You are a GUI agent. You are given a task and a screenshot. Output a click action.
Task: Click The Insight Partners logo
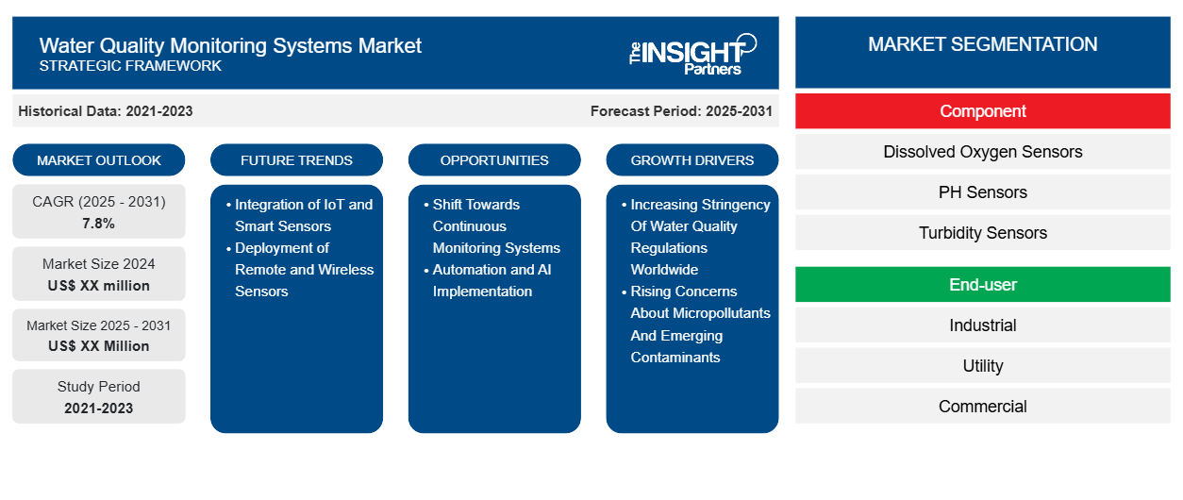(x=692, y=55)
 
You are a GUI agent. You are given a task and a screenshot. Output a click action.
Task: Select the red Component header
(x=982, y=111)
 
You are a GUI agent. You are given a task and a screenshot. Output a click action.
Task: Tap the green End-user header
(x=982, y=285)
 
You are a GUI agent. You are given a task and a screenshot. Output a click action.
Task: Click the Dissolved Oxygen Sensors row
(x=982, y=152)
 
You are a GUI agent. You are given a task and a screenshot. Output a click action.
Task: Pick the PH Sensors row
(x=982, y=192)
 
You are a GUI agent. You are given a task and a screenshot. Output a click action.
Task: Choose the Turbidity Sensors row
(x=982, y=232)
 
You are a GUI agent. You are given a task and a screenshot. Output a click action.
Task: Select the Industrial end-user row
(x=982, y=325)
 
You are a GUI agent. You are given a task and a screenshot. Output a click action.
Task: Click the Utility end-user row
(x=982, y=365)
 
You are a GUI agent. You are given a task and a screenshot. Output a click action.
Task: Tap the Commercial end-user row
(x=982, y=406)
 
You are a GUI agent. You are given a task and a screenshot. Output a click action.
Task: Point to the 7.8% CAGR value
(x=98, y=224)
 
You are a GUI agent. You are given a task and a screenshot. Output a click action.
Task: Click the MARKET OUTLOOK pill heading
(x=99, y=160)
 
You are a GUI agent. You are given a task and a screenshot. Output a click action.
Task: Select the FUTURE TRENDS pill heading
(x=296, y=160)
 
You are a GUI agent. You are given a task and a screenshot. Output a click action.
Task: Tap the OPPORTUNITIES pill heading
(x=494, y=160)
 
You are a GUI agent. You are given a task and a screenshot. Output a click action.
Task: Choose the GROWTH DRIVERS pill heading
(x=691, y=160)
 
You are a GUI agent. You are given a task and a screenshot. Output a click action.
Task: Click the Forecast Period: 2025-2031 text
(x=681, y=111)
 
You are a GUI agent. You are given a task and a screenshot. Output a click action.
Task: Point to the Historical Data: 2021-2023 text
(x=106, y=111)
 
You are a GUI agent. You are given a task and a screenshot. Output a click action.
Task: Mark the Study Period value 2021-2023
(x=99, y=408)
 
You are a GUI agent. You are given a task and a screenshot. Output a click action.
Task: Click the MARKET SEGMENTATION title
(x=982, y=44)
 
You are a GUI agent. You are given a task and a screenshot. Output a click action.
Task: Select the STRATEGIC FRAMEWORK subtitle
(x=130, y=66)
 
